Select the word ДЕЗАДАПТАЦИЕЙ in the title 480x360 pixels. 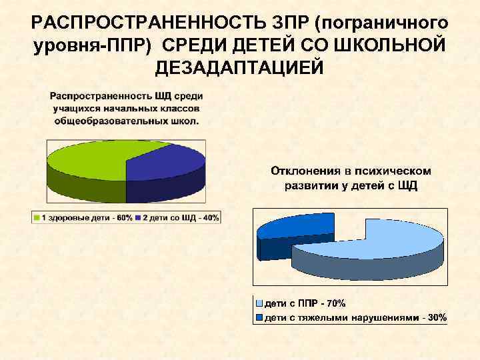click(239, 67)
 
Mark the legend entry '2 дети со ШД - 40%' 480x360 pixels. click(179, 218)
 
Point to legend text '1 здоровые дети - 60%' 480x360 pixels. click(86, 218)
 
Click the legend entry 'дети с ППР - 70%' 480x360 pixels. click(305, 303)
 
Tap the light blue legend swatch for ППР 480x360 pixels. click(260, 303)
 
